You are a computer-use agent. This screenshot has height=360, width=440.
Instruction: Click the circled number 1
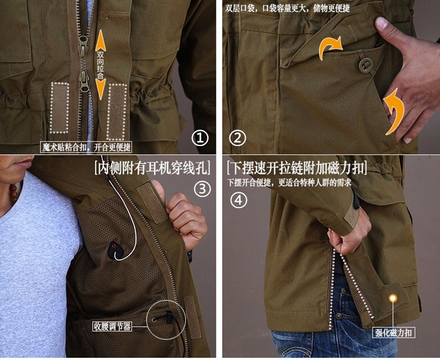[x=200, y=138]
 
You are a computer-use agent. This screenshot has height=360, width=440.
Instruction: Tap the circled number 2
[x=238, y=138]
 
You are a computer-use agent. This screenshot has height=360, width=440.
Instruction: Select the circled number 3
[x=202, y=189]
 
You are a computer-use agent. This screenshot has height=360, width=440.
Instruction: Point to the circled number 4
[x=239, y=200]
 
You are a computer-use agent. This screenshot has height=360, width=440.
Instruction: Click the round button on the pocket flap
[x=365, y=65]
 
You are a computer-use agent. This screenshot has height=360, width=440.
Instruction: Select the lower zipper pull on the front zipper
[x=84, y=81]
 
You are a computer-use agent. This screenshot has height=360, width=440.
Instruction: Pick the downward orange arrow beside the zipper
[x=100, y=89]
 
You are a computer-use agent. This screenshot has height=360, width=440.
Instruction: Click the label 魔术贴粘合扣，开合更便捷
[x=86, y=147]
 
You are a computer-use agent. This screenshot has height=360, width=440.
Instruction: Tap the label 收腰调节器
[x=112, y=327]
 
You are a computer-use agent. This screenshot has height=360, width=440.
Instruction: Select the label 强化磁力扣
[x=394, y=332]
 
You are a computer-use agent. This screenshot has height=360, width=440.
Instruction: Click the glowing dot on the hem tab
[x=393, y=298]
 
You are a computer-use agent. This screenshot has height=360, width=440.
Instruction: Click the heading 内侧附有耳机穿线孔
[x=152, y=168]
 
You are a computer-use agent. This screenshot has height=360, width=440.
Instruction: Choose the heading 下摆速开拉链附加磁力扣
[x=297, y=168]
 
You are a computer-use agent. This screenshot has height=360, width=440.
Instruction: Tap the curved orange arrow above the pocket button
[x=330, y=47]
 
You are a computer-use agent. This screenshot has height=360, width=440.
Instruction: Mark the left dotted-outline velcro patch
[x=59, y=108]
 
